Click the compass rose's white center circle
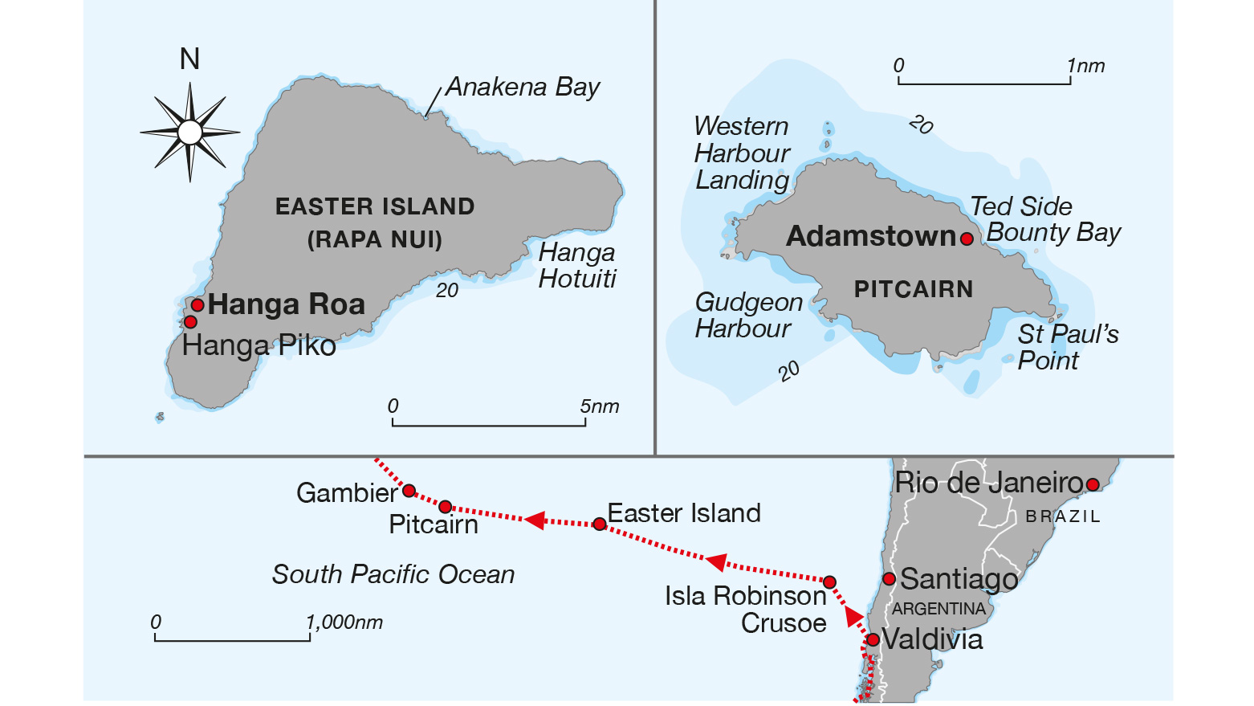coord(190,133)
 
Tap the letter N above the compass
coord(189,59)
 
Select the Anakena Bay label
coord(523,87)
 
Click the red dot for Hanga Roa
coord(197,305)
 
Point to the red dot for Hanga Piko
coord(190,322)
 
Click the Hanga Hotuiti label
coord(577,265)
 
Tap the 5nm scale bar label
coord(600,406)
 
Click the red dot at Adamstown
coord(967,239)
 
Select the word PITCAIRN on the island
coord(913,289)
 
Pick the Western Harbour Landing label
coord(742,153)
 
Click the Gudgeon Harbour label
coord(748,315)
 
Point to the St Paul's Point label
coord(1067,347)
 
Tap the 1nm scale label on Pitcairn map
coord(1086,66)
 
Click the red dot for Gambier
coord(409,491)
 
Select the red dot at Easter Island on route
coord(599,524)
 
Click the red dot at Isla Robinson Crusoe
coord(830,582)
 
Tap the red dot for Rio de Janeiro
coord(1092,484)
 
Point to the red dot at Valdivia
coord(873,640)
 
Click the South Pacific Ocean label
coord(393,574)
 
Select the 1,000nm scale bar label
coord(344,622)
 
